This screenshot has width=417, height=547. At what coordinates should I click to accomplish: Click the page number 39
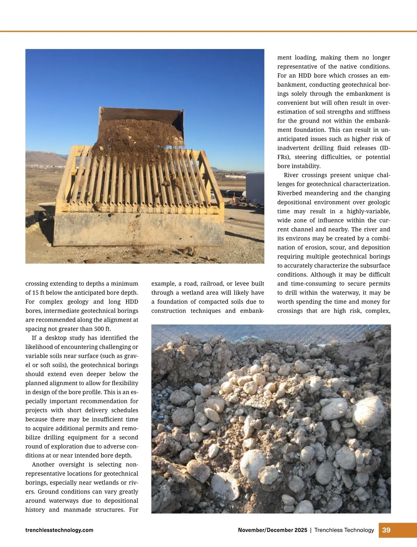click(x=386, y=530)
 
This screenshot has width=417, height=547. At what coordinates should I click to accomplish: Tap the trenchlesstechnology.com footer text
click(x=59, y=530)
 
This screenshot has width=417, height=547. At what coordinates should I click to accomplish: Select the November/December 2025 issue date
click(x=272, y=530)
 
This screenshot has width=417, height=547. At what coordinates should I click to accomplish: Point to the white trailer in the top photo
click(x=255, y=188)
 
